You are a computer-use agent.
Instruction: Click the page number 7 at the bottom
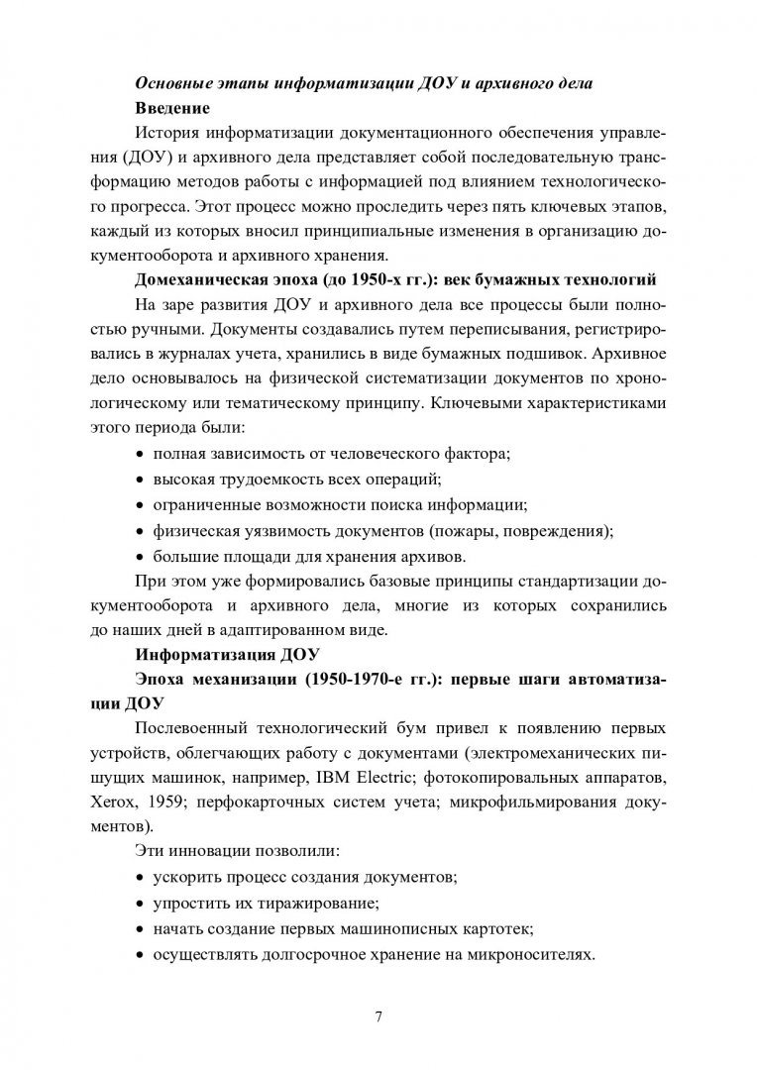[378, 1017]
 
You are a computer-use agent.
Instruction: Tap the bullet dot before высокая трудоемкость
[140, 480]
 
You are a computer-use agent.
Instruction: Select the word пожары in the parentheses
[479, 531]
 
